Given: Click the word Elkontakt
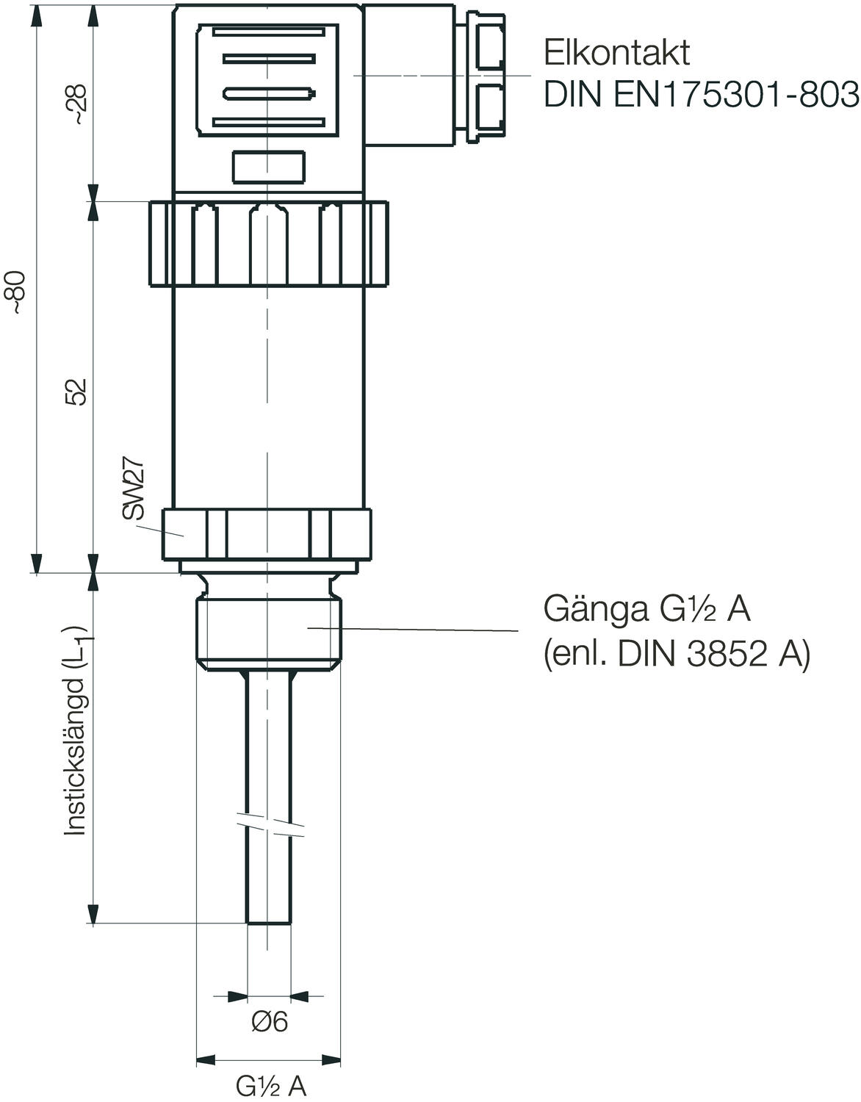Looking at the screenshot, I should tap(616, 53).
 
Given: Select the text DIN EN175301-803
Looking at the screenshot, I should tap(701, 96).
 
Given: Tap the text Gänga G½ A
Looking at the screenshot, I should tap(646, 609).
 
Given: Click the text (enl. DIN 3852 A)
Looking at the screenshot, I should tap(676, 652).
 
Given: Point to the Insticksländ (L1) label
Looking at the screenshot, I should tap(76, 730).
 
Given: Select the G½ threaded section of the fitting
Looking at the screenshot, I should tap(269, 630).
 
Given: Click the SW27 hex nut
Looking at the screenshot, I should tap(268, 536).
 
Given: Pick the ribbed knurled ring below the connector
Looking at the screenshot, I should tap(268, 244).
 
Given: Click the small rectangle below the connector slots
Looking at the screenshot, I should tap(268, 167).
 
